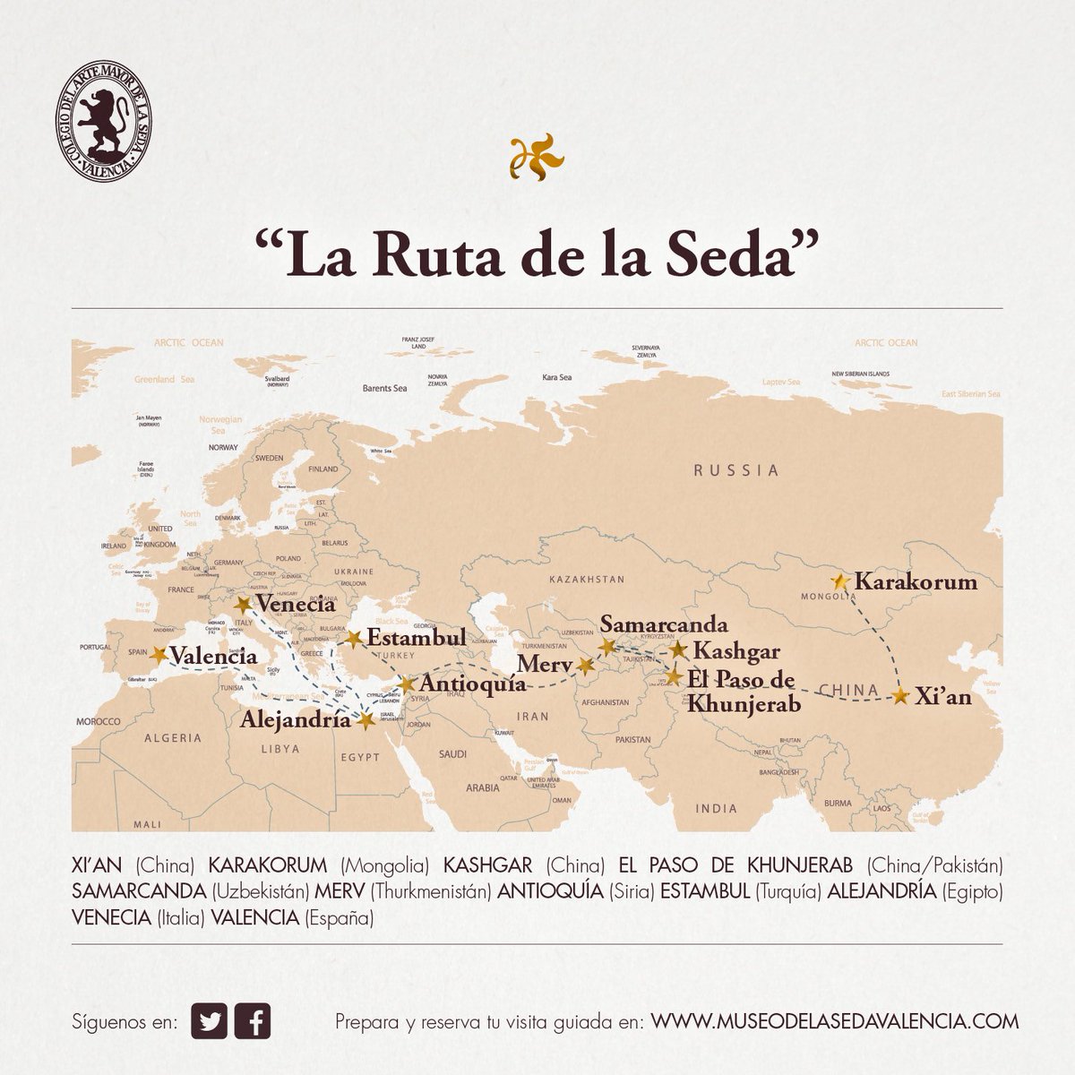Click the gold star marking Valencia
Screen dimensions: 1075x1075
point(159,655)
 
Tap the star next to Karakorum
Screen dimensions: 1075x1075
point(840,582)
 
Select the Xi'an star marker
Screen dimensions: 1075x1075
point(901,696)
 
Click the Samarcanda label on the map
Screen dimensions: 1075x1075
point(664,624)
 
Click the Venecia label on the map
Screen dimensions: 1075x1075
point(295,605)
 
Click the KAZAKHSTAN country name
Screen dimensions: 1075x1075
point(588,580)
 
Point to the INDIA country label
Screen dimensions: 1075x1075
point(716,808)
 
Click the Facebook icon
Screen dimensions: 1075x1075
point(253,1022)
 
